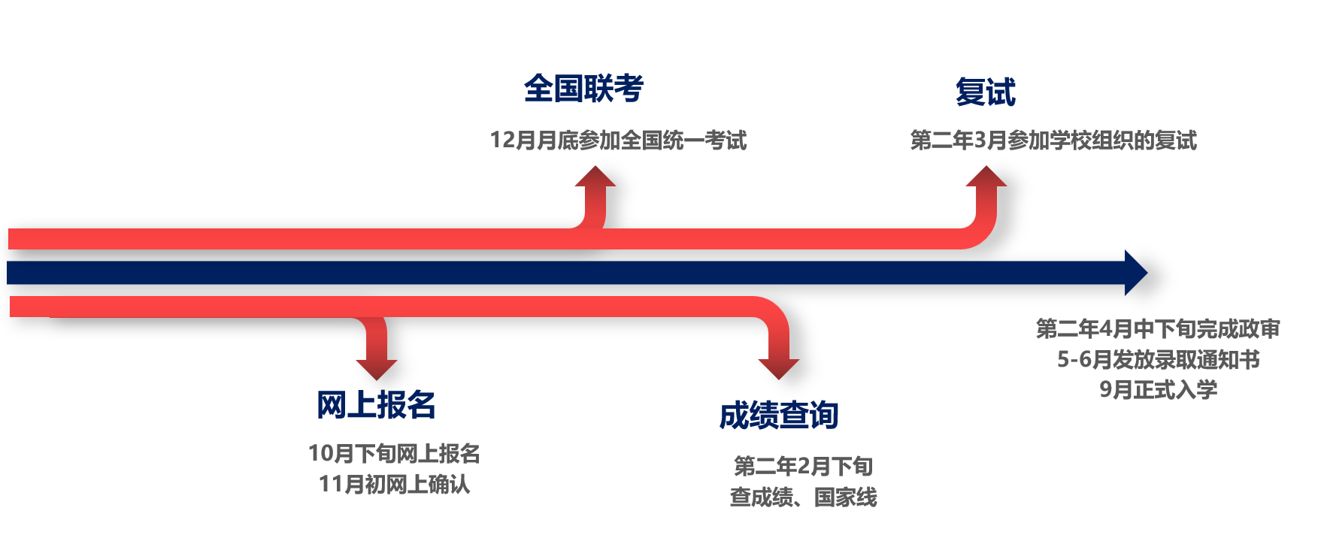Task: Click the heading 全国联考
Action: pos(583,89)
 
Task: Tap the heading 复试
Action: pos(985,92)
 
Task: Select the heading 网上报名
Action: pos(376,405)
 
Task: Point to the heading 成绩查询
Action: pos(779,416)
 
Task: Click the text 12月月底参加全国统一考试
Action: pos(618,141)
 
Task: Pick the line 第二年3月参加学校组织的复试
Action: pos(1053,141)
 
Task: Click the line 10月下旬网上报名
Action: pos(394,454)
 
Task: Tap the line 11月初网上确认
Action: pos(394,485)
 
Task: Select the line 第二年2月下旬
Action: pos(803,467)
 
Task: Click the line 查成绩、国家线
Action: pos(803,497)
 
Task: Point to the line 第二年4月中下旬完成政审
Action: pos(1158,329)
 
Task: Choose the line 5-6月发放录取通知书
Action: pos(1158,360)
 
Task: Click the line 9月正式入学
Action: pos(1158,390)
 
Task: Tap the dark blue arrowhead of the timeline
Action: pos(1135,273)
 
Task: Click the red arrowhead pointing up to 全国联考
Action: pos(595,177)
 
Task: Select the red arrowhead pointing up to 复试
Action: pos(986,177)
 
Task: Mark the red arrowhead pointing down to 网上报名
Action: pos(376,368)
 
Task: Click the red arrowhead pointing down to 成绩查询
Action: pos(779,368)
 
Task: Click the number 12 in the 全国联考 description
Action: pos(501,141)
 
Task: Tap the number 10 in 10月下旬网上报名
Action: pos(320,454)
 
